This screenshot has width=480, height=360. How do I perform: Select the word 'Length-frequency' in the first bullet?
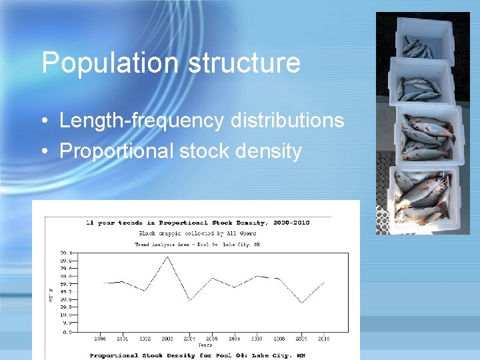pyautogui.click(x=141, y=121)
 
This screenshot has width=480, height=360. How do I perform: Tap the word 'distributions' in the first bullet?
pyautogui.click(x=287, y=121)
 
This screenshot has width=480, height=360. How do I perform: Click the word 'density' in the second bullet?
pyautogui.click(x=269, y=151)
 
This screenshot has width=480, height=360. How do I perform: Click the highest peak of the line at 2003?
pyautogui.click(x=167, y=257)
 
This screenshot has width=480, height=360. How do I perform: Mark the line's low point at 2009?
pyautogui.click(x=302, y=303)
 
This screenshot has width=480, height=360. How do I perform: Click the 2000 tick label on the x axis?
pyautogui.click(x=100, y=339)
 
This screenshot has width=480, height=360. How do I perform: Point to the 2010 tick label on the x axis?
pyautogui.click(x=323, y=339)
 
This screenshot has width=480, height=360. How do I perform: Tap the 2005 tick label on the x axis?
pyautogui.click(x=212, y=339)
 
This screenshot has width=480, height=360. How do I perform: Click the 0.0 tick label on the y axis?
pyautogui.click(x=67, y=331)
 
